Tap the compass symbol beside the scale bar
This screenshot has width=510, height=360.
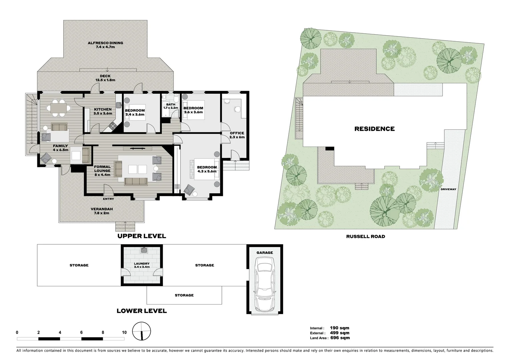[x=141, y=331]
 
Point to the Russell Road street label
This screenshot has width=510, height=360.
[x=365, y=236]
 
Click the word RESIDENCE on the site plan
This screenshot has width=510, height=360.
[x=374, y=129]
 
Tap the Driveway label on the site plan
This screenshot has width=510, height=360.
[x=448, y=189]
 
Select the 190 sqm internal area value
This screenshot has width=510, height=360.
[x=339, y=328]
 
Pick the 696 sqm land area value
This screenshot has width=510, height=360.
[x=340, y=338]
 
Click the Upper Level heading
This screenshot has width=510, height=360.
[x=141, y=236]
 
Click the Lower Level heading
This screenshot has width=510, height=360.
[x=141, y=311]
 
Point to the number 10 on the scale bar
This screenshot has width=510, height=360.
[x=124, y=332]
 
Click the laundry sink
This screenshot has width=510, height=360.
[x=144, y=250]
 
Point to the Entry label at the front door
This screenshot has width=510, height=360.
[x=108, y=199]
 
